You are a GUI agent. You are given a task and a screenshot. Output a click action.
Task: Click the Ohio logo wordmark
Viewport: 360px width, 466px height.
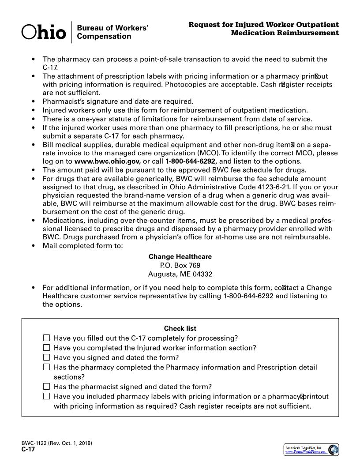44,32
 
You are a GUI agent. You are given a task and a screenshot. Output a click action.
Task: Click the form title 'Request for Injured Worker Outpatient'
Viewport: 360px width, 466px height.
263,25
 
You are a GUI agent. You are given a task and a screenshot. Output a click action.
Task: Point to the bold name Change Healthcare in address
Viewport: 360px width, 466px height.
180,257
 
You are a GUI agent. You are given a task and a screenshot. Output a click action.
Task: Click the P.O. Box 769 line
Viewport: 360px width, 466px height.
180,265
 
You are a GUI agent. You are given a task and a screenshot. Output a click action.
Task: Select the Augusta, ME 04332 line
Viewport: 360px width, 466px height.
180,274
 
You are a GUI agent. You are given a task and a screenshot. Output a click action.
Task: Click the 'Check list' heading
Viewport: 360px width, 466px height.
180,328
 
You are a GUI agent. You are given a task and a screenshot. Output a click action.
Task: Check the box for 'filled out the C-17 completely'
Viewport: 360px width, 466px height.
47,338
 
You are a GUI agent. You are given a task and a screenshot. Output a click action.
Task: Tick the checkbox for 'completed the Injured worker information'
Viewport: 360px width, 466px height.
47,348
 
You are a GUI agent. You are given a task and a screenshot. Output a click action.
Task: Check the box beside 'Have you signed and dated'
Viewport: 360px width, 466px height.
47,357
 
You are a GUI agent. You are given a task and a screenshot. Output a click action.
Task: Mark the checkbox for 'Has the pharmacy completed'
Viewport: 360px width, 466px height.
47,367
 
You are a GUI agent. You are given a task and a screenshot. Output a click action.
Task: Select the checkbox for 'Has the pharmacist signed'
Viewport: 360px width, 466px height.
47,387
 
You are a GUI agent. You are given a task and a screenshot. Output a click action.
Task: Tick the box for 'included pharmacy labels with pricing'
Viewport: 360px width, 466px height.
47,396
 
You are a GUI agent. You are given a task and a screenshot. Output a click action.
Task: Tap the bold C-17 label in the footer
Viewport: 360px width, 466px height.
28,450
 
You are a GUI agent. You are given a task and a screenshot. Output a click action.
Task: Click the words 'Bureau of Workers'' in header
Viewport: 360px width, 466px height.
112,28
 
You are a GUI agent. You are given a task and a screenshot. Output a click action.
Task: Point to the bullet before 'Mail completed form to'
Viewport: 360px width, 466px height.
33,246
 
